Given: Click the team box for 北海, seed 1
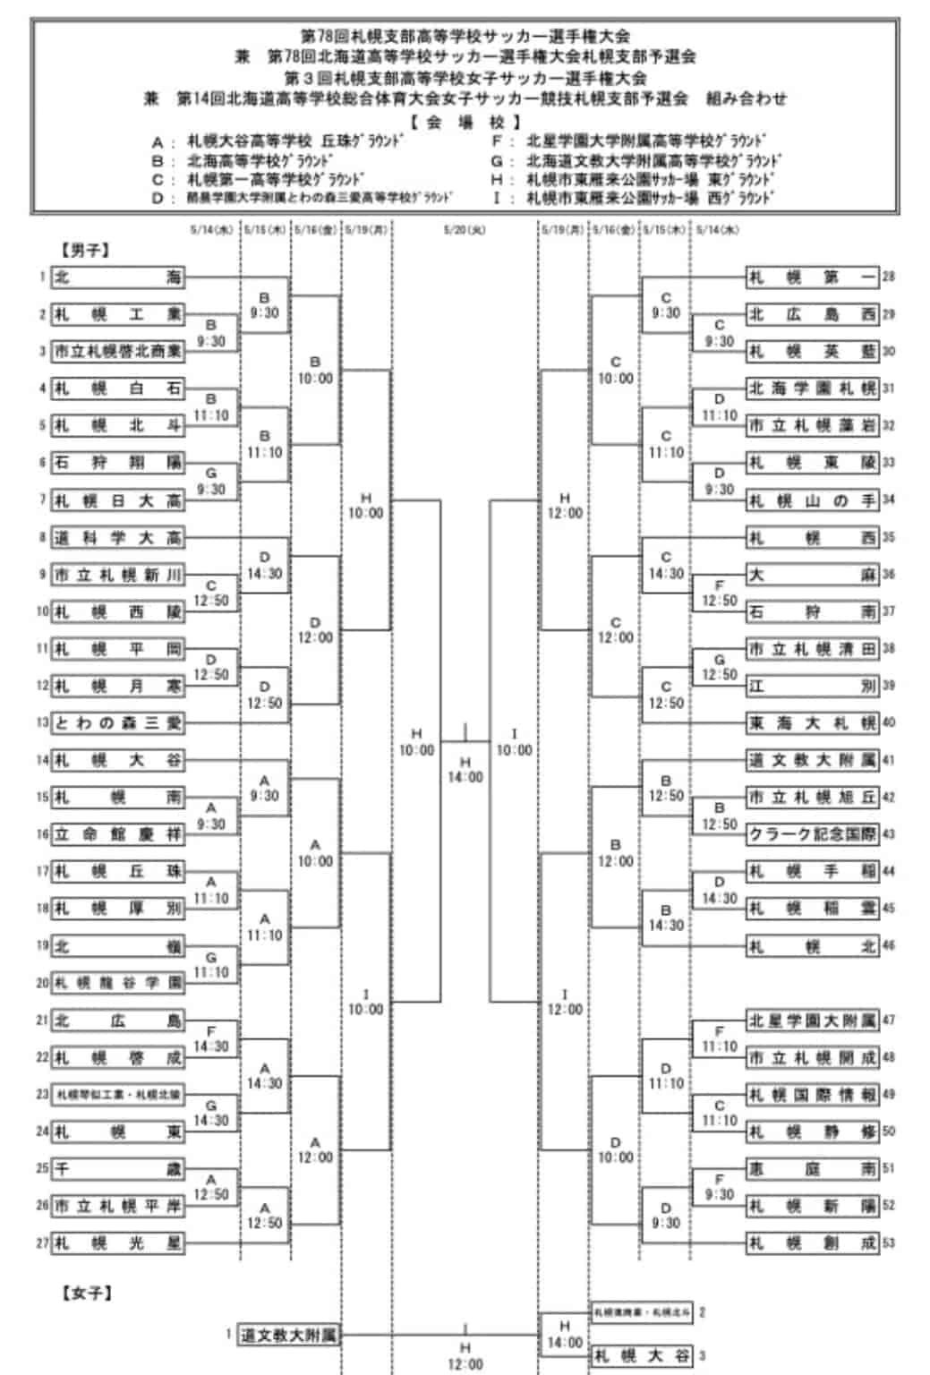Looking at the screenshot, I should (117, 277).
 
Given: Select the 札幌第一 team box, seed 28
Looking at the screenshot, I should (812, 277).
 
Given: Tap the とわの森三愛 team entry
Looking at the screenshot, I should (117, 722).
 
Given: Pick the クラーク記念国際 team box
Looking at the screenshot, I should (812, 833).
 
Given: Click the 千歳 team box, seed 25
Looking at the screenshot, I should (117, 1168).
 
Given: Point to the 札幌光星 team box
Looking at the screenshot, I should (117, 1243).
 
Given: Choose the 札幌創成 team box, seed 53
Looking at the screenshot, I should (812, 1243).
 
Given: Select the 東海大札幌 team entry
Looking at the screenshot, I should (812, 722).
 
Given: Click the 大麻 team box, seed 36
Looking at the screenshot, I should (812, 574).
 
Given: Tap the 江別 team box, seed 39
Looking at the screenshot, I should (812, 686).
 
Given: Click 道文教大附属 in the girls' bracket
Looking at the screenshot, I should (288, 1336).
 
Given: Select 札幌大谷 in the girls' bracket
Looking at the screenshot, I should (643, 1356).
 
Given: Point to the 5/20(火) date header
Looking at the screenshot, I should (465, 230).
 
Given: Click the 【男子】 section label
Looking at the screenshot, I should (86, 251).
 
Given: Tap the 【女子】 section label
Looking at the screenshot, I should (86, 1293).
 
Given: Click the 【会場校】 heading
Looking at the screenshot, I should (465, 123).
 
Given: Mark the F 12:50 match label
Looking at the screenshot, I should (719, 594).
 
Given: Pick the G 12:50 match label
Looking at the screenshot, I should (719, 668).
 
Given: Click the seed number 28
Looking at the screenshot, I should (889, 277).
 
